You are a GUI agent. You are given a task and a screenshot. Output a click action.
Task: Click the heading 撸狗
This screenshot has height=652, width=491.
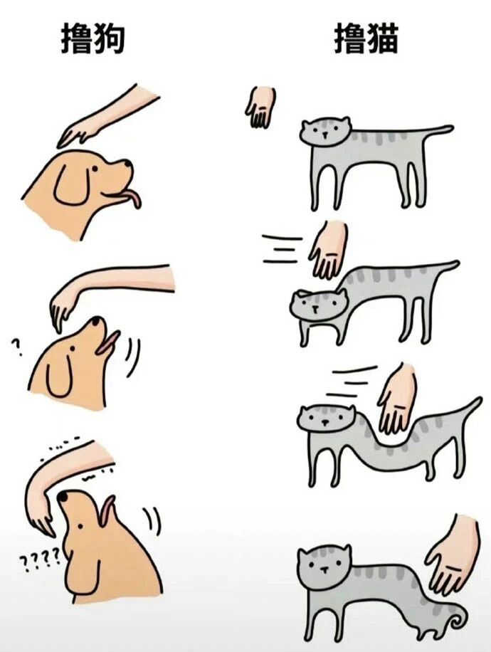[x=93, y=38]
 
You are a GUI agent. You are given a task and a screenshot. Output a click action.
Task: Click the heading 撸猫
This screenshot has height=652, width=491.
[x=366, y=38]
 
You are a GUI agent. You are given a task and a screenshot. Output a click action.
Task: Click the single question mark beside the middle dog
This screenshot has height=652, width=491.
[x=16, y=347]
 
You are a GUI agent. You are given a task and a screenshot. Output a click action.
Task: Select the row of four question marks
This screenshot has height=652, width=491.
[x=40, y=559]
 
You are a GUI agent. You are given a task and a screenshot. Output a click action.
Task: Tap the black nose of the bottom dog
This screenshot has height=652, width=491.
[x=63, y=496]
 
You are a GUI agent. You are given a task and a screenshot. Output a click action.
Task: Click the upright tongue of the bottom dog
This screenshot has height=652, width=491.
[x=107, y=510]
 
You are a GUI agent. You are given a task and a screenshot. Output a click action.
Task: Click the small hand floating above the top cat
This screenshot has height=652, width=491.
[x=260, y=107]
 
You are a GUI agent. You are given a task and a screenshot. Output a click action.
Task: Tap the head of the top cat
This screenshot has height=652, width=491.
[x=325, y=132]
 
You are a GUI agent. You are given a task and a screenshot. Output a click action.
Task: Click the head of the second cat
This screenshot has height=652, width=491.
[x=318, y=305]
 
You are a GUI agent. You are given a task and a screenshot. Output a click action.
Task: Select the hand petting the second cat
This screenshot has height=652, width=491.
[x=329, y=249]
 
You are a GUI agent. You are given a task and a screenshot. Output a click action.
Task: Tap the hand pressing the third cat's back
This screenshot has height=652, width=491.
[x=397, y=399]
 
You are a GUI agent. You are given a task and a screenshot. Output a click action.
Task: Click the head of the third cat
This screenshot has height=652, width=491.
[x=326, y=419]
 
